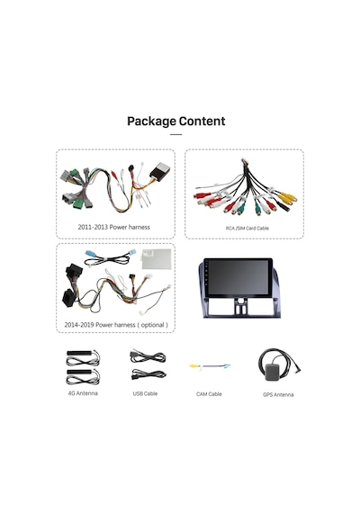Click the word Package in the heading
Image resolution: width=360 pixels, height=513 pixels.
click(151, 121)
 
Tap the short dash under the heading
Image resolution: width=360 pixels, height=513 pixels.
click(176, 134)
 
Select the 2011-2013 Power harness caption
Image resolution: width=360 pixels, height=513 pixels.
click(114, 227)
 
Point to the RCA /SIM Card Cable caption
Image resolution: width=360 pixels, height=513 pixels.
click(247, 228)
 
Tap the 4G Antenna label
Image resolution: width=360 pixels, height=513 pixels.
click(83, 393)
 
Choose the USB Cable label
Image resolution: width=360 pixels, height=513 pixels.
click(145, 393)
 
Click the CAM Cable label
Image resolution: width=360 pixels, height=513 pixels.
click(209, 394)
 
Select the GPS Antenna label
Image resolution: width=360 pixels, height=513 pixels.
click(278, 394)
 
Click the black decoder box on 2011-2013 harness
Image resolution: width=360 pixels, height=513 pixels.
click(160, 170)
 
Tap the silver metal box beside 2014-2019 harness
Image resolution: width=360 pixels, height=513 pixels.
click(157, 259)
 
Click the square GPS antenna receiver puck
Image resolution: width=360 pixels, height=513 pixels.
click(273, 373)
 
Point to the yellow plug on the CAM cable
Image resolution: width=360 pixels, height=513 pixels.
click(194, 365)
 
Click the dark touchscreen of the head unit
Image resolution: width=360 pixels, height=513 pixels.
click(238, 278)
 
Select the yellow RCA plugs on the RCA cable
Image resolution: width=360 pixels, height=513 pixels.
click(286, 198)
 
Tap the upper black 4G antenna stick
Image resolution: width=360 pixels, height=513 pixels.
click(79, 354)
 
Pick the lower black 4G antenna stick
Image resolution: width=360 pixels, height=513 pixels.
click(79, 372)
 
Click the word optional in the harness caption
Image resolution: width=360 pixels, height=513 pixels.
click(152, 325)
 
